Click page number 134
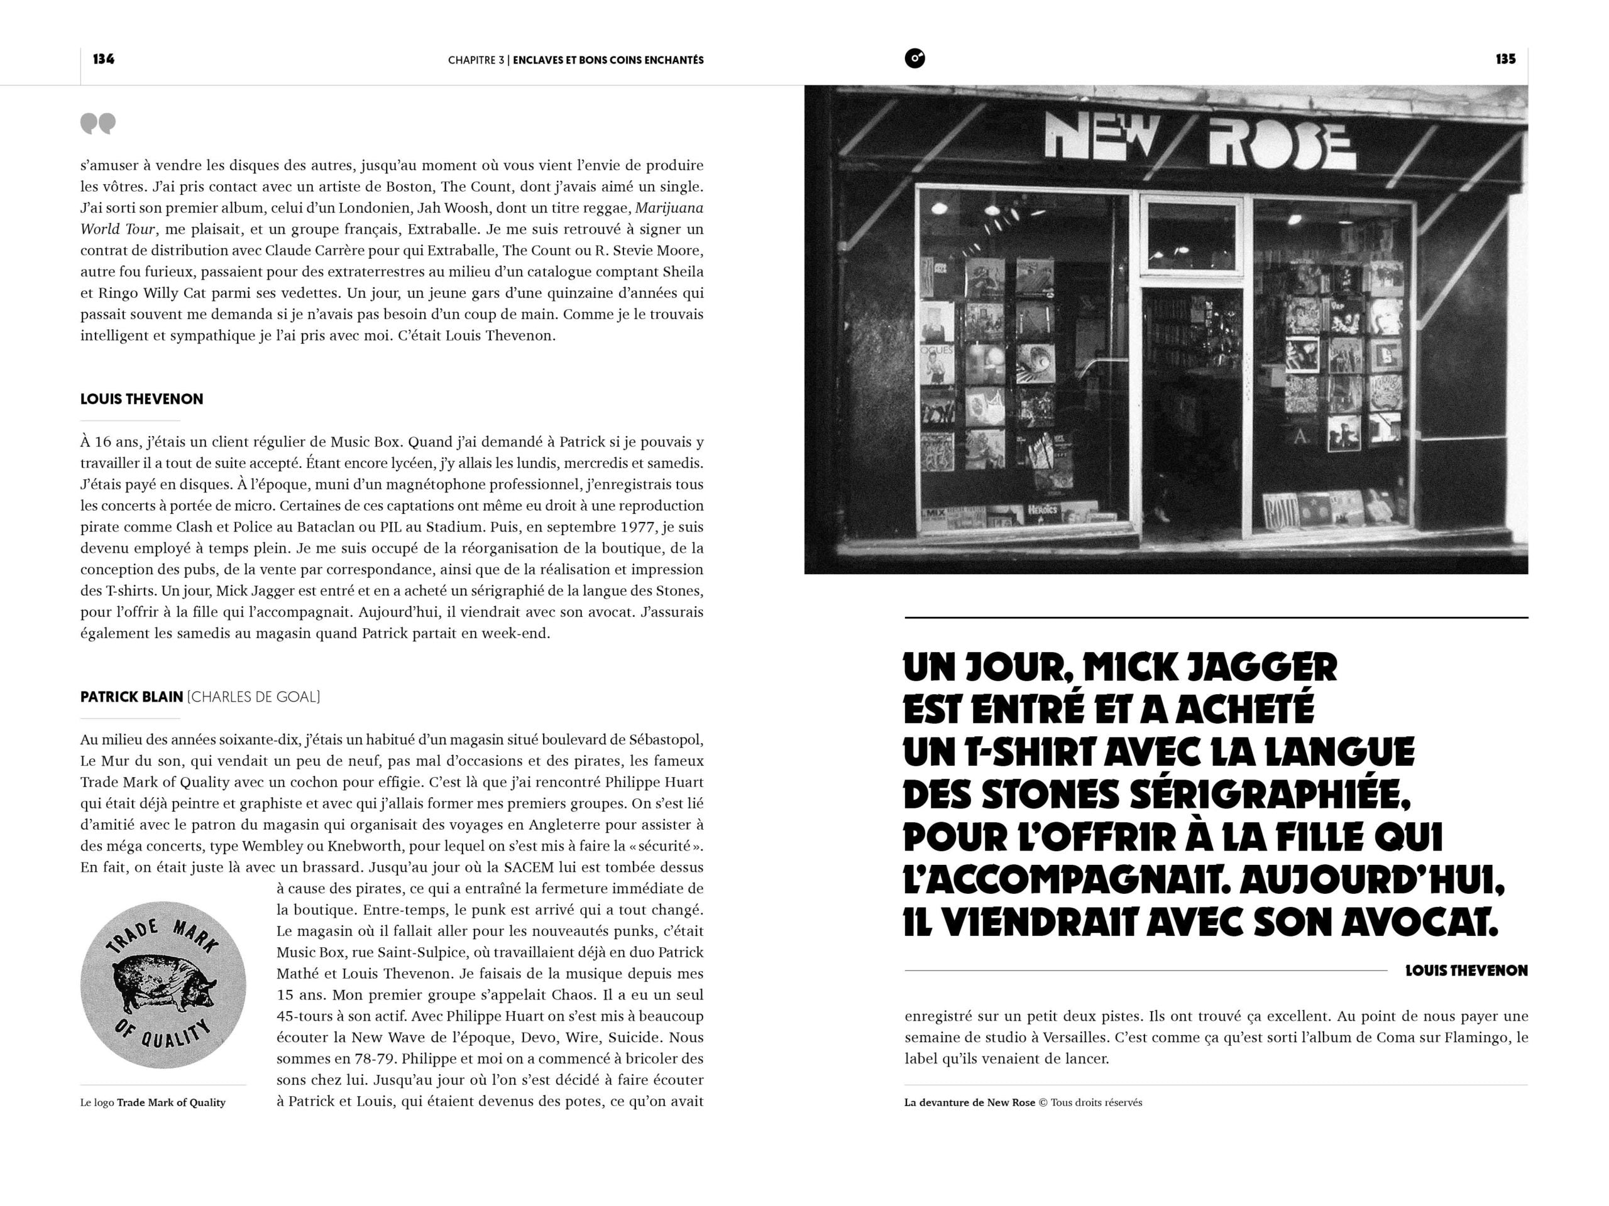pyautogui.click(x=103, y=59)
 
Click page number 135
pyautogui.click(x=1505, y=59)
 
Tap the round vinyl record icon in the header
pyautogui.click(x=914, y=58)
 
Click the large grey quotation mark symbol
pyautogui.click(x=97, y=124)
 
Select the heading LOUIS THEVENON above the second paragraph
pyautogui.click(x=142, y=399)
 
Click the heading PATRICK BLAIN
pyautogui.click(x=131, y=697)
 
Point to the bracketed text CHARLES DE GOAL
pyautogui.click(x=254, y=697)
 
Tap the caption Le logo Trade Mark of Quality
pyautogui.click(x=153, y=1102)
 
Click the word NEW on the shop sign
pyautogui.click(x=1101, y=137)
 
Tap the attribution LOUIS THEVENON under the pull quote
pyautogui.click(x=1466, y=970)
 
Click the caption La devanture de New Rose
pyautogui.click(x=969, y=1102)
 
